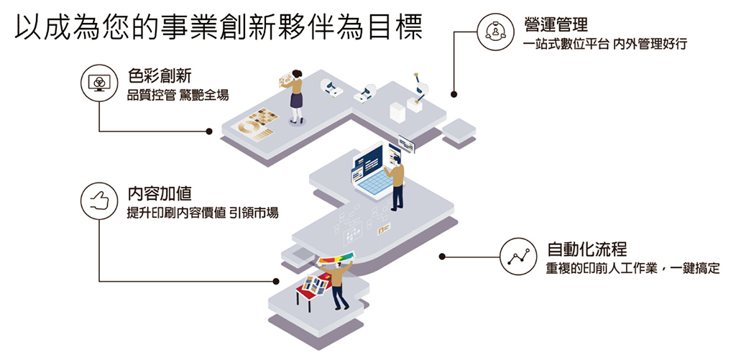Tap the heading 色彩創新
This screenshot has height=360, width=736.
point(160,75)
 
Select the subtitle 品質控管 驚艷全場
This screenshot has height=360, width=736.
point(178,94)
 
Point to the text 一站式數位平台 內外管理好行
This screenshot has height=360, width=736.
point(606,45)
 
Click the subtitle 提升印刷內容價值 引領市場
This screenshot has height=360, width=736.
point(202,213)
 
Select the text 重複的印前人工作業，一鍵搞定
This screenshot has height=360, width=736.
point(632,269)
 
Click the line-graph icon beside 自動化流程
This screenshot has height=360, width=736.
point(520,256)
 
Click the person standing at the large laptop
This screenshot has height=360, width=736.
point(396,184)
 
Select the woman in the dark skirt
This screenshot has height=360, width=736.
point(295,97)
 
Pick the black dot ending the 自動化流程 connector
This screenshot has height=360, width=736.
point(442,256)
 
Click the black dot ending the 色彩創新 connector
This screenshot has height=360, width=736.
point(209,131)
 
